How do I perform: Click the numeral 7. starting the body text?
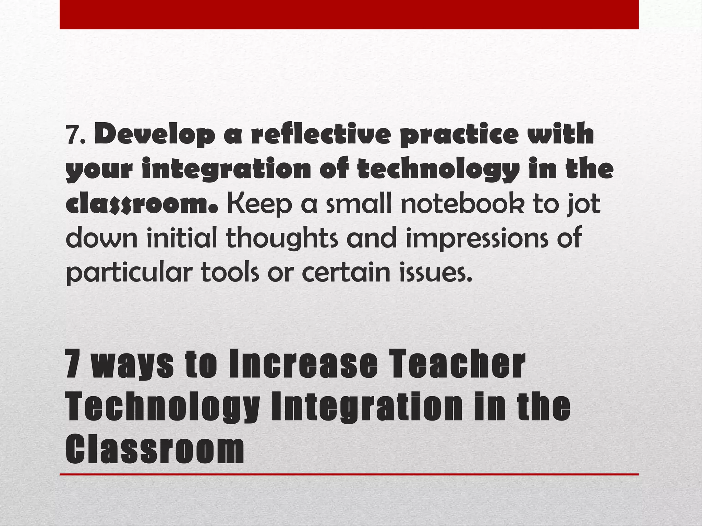[76, 136]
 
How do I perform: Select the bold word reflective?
[320, 134]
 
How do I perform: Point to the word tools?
[230, 272]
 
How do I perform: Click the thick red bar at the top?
[349, 14]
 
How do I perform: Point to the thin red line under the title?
[349, 474]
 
